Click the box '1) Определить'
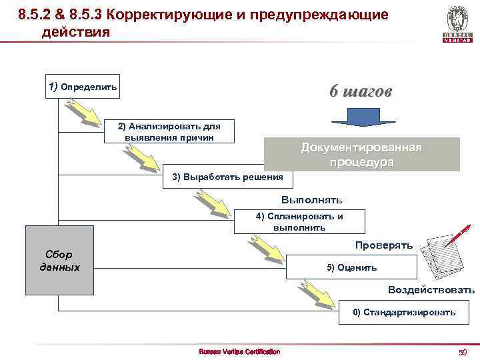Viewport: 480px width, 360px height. pyautogui.click(x=83, y=87)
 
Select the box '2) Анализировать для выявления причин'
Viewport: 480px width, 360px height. pyautogui.click(x=169, y=131)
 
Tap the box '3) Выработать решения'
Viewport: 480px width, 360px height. pyautogui.click(x=227, y=177)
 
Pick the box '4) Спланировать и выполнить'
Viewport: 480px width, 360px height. pyautogui.click(x=299, y=221)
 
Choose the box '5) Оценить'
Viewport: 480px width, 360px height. pyautogui.click(x=351, y=267)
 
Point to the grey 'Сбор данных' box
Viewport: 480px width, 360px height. pyautogui.click(x=59, y=261)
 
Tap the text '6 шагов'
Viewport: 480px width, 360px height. pyautogui.click(x=361, y=92)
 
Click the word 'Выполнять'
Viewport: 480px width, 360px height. pyautogui.click(x=311, y=199)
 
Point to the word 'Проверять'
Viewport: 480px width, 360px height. pyautogui.click(x=384, y=245)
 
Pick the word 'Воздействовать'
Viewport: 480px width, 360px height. pyautogui.click(x=431, y=289)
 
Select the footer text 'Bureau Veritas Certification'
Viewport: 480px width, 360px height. pyautogui.click(x=240, y=351)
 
